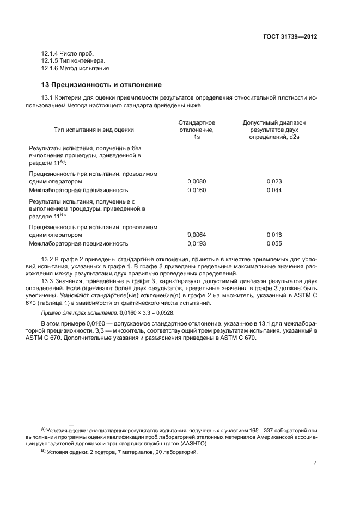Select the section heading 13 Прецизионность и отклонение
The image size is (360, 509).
click(x=101, y=85)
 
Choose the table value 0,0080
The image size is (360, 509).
click(x=197, y=181)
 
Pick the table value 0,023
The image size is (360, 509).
click(x=274, y=181)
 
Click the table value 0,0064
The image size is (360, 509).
click(x=197, y=235)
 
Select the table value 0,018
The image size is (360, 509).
click(x=274, y=235)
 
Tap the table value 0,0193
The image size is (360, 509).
click(x=197, y=243)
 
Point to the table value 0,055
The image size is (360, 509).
click(x=274, y=243)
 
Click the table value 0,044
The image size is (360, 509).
click(x=274, y=190)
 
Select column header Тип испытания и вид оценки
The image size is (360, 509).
click(x=94, y=130)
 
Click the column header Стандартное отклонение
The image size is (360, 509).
click(x=197, y=126)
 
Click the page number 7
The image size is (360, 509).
click(x=315, y=463)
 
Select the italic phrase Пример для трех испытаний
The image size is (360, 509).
click(x=79, y=314)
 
